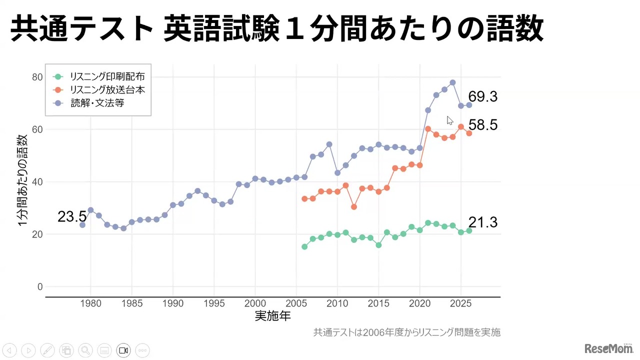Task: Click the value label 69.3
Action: click(482, 97)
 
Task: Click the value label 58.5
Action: click(482, 125)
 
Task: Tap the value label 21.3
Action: click(482, 222)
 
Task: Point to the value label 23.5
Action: click(72, 217)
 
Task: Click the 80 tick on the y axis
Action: click(37, 77)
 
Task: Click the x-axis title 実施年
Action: click(272, 316)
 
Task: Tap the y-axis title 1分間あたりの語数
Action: click(22, 180)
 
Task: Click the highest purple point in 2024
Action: click(452, 82)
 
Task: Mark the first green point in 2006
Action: click(304, 246)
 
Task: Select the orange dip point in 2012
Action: click(354, 206)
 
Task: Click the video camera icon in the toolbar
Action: click(123, 350)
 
